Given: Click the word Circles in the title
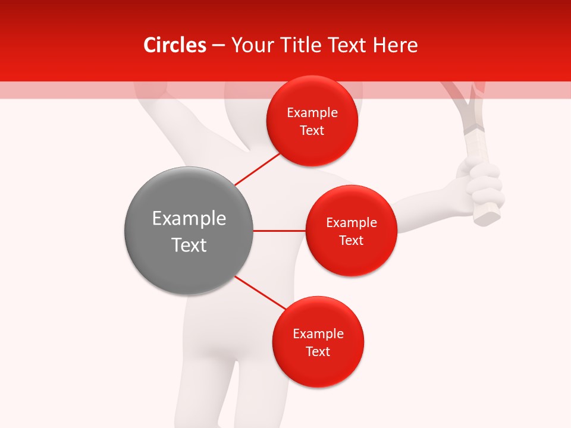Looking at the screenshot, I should pos(174,45).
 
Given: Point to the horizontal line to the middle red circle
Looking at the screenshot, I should pos(280,231).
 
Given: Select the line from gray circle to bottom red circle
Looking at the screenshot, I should pos(261,292).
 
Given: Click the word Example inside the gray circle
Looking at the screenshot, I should pos(189,219).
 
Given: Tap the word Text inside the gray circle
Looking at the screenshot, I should pos(189,245).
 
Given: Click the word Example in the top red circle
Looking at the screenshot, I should pos(312,113).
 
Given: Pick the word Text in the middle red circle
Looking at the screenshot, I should pos(351,241).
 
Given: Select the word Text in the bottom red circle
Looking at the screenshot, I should pos(318,352).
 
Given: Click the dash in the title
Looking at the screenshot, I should pos(218,45).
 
